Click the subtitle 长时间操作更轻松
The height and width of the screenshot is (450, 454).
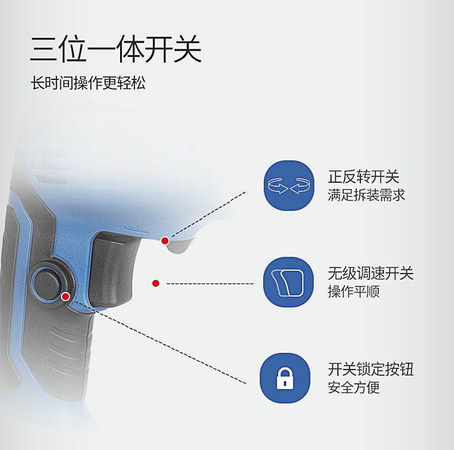click(x=88, y=83)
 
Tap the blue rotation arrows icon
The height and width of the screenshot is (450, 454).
click(x=289, y=186)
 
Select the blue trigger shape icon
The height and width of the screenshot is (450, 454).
click(x=288, y=282)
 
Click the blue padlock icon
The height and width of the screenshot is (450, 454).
click(x=285, y=378)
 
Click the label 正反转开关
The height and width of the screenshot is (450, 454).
click(x=363, y=176)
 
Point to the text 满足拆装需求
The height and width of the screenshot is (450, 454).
click(x=366, y=195)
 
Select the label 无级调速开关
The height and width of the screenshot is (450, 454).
click(x=371, y=273)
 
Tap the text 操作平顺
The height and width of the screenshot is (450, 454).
click(x=353, y=291)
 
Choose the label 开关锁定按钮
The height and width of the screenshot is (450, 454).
click(x=371, y=369)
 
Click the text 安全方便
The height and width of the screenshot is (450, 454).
click(x=353, y=387)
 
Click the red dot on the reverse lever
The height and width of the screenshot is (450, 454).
click(x=165, y=241)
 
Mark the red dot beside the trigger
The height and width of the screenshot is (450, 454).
click(x=156, y=283)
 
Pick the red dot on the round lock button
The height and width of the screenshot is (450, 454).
click(x=66, y=297)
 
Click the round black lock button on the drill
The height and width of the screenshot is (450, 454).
click(x=48, y=284)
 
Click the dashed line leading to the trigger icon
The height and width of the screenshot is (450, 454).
click(x=210, y=283)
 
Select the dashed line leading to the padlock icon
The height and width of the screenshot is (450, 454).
click(x=160, y=343)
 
